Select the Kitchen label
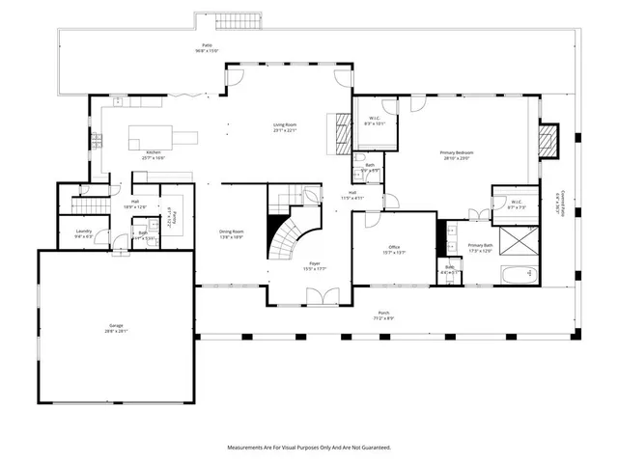154,154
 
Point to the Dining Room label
231,233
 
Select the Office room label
395,250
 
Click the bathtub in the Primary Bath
518,274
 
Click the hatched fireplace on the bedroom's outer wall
548,141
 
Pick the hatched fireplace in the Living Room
340,128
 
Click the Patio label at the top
207,47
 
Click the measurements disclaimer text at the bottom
308,448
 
